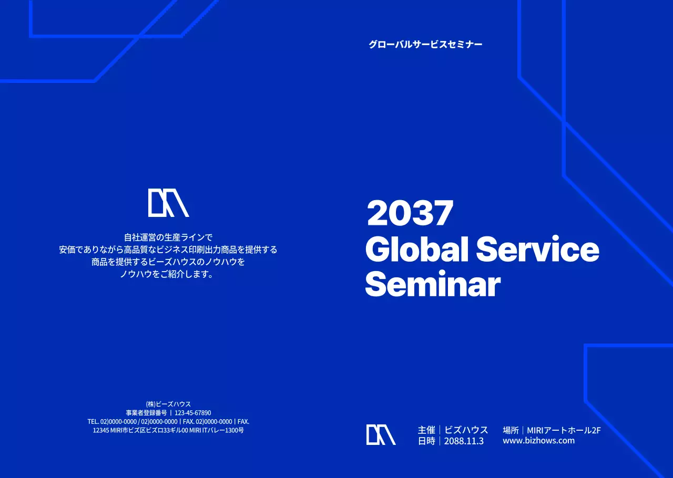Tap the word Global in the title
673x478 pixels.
coord(416,250)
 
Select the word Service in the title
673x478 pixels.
coord(537,250)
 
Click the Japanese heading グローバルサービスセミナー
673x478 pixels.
coord(425,45)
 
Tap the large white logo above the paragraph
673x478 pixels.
coord(168,203)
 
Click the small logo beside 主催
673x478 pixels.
coord(381,434)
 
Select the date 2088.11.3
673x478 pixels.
coord(464,441)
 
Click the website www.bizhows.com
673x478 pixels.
coord(538,440)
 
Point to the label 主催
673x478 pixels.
coord(426,430)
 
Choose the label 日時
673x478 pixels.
coord(426,441)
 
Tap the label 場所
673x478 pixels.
coord(511,430)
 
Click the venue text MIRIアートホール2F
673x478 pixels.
coord(564,430)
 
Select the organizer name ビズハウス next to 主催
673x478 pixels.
coord(466,430)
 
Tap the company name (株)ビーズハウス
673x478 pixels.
coord(168,404)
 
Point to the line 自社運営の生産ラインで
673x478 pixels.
coord(168,237)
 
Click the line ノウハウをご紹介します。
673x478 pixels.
coord(167,274)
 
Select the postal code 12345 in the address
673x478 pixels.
coord(100,430)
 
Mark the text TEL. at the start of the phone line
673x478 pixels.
coord(93,421)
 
